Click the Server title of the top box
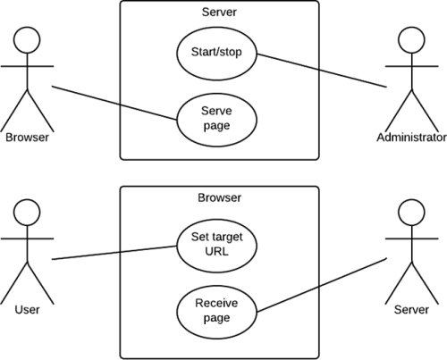pos(219,13)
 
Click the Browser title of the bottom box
pos(219,197)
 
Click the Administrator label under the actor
pos(411,138)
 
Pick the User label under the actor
pos(27,310)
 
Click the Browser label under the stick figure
pos(27,138)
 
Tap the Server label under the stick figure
pos(411,310)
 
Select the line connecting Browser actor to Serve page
pos(114,103)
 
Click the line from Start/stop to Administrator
pos(322,71)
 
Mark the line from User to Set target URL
pos(114,253)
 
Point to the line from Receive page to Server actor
pos(322,285)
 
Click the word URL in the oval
pos(216,252)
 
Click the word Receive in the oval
pos(216,303)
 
